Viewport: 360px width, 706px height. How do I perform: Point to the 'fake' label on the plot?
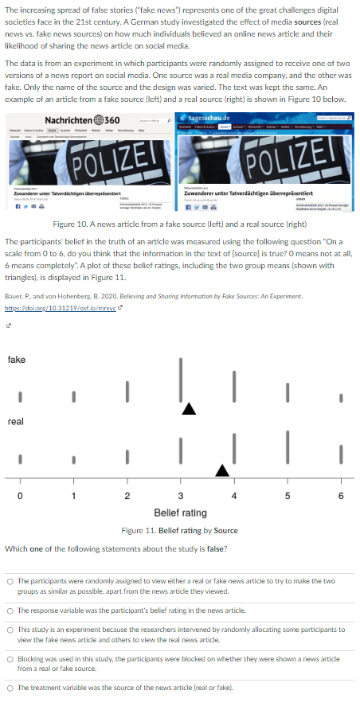(x=16, y=360)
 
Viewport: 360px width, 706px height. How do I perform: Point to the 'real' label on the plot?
(x=15, y=421)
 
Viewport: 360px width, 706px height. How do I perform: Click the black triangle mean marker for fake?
(x=188, y=409)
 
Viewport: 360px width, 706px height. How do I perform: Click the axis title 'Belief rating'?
(x=179, y=513)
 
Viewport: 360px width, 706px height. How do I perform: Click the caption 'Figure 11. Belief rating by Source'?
(x=179, y=530)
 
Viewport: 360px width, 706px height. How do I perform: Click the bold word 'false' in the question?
(x=215, y=549)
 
